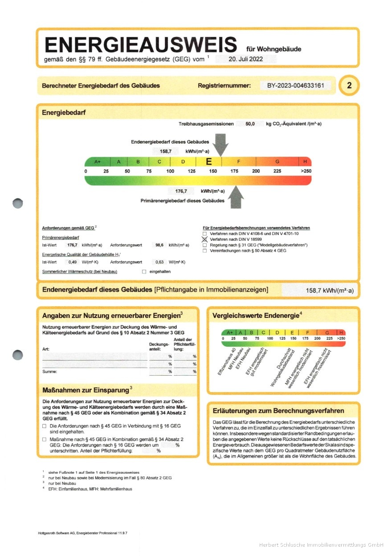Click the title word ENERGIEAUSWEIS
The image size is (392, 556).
coord(141,45)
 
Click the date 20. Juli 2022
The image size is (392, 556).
coord(245,59)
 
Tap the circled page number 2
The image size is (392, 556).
coord(349,86)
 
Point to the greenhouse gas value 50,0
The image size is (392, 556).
coord(250,124)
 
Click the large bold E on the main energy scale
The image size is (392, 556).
coord(208,162)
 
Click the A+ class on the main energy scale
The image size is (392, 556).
coord(98,162)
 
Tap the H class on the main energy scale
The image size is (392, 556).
coord(305,162)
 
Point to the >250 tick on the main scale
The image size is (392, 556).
coord(306,171)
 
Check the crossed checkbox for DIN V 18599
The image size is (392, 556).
coord(205,239)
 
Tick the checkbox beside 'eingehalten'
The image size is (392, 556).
coord(144,272)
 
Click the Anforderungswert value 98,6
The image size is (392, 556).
coord(159,245)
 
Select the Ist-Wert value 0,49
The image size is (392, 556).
coord(73,262)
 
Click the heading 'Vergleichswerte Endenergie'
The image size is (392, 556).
coord(255,316)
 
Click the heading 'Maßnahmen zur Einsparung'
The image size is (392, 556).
coord(85,390)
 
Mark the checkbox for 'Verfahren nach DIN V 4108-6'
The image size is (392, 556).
coord(205,234)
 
